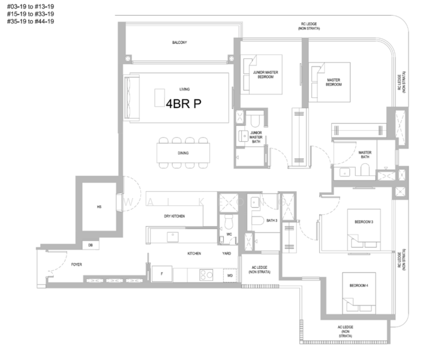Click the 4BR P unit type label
184,103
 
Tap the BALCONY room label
179,43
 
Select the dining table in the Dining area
184,152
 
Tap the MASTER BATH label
365,154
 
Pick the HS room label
100,206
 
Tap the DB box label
91,245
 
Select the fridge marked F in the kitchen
161,274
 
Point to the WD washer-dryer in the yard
229,275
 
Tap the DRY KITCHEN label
174,215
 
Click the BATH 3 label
271,221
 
